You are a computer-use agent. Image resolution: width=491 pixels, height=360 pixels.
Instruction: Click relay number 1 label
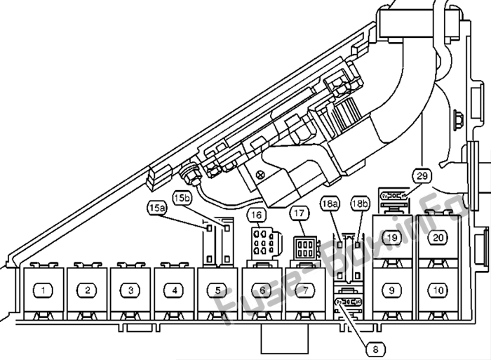43,291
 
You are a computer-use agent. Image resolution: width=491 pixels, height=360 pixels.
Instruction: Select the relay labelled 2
88,291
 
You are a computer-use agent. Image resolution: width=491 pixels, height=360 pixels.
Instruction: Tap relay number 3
131,291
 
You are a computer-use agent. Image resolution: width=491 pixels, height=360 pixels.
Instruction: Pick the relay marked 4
175,291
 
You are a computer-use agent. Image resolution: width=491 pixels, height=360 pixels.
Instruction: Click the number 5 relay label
218,291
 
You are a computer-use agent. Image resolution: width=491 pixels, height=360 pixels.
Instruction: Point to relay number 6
262,291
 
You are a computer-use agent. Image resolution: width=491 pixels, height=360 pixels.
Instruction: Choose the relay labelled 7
305,291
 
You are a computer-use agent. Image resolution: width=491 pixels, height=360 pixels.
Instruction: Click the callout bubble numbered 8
375,349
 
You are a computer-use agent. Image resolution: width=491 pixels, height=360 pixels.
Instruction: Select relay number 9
391,291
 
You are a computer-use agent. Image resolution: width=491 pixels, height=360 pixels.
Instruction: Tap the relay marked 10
438,291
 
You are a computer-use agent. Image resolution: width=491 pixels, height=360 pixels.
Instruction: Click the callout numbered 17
300,213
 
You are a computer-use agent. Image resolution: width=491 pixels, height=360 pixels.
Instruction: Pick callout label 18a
330,204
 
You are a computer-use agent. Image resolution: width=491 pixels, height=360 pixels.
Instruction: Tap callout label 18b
360,204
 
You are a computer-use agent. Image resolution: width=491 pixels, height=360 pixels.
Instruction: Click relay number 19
391,237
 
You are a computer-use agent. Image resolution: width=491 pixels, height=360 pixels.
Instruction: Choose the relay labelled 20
438,237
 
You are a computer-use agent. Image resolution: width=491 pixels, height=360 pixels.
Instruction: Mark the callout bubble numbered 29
422,175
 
